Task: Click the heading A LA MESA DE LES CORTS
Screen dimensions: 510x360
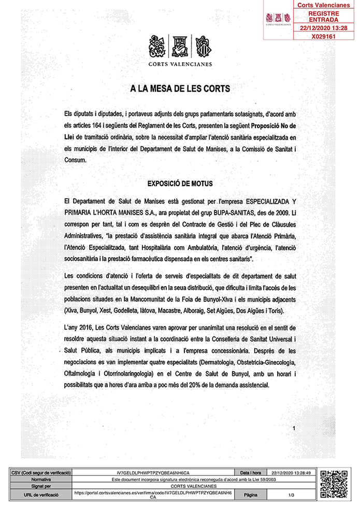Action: click(180, 89)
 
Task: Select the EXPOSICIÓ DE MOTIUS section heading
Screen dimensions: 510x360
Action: click(180, 183)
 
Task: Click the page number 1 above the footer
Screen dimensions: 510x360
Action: click(294, 428)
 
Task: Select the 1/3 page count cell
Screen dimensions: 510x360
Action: click(292, 495)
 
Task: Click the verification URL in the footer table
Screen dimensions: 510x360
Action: click(153, 495)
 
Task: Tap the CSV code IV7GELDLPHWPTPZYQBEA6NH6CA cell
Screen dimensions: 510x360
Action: click(153, 473)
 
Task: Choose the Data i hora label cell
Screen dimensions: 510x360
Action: click(251, 473)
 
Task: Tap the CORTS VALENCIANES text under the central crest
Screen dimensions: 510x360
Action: click(180, 64)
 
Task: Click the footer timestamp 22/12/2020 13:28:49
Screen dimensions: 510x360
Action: click(292, 473)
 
